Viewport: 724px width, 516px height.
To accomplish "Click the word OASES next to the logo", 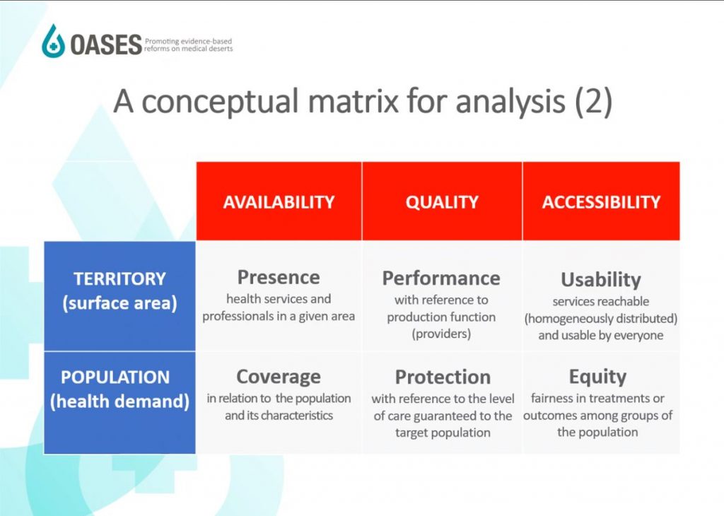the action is (x=106, y=45).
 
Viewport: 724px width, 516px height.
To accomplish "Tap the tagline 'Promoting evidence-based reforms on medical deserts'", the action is (x=188, y=45).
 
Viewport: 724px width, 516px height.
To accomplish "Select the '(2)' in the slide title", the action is (x=593, y=102).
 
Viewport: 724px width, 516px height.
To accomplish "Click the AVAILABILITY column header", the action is (x=279, y=202).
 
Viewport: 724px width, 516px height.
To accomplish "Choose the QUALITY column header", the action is (x=442, y=202).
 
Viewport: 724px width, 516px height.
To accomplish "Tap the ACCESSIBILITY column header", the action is (x=601, y=202).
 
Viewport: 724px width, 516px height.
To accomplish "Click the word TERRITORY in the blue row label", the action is (x=119, y=278).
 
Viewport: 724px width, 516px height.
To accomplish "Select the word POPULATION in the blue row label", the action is (x=115, y=377).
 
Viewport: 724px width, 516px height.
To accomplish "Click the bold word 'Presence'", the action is (x=279, y=277).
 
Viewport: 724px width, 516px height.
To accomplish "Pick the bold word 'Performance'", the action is (x=441, y=278).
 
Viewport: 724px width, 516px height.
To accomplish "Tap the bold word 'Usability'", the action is (x=601, y=280).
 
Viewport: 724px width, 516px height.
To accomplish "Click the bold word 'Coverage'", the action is (x=279, y=377).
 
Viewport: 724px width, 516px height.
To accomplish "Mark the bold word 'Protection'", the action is (x=443, y=377).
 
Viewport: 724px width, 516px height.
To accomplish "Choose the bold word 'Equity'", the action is (x=597, y=377).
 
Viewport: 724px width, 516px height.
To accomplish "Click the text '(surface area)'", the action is (x=119, y=303).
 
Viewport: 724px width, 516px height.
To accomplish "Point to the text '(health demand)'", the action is (x=119, y=401).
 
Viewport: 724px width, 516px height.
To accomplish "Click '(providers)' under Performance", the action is (x=441, y=334).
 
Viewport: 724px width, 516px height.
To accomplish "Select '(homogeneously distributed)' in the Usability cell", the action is (x=601, y=319).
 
